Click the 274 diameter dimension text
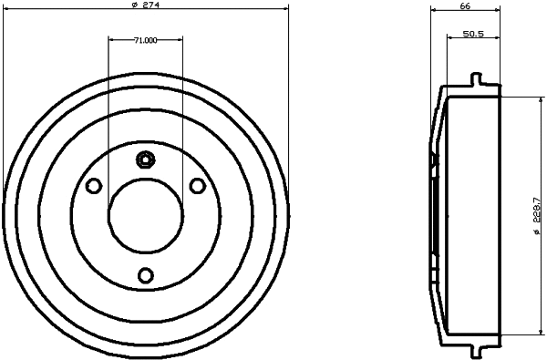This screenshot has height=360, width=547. [149, 5]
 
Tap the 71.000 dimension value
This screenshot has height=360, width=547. [146, 40]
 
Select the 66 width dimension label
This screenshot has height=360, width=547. [464, 5]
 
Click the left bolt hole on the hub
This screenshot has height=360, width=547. [92, 186]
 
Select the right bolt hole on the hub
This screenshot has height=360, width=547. [198, 186]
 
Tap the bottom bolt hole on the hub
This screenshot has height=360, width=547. [145, 275]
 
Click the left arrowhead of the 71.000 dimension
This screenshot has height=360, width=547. [110, 39]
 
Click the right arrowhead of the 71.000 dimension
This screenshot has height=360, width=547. [181, 39]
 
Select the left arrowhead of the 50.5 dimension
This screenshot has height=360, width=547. [449, 38]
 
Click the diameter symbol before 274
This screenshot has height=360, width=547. [135, 5]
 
